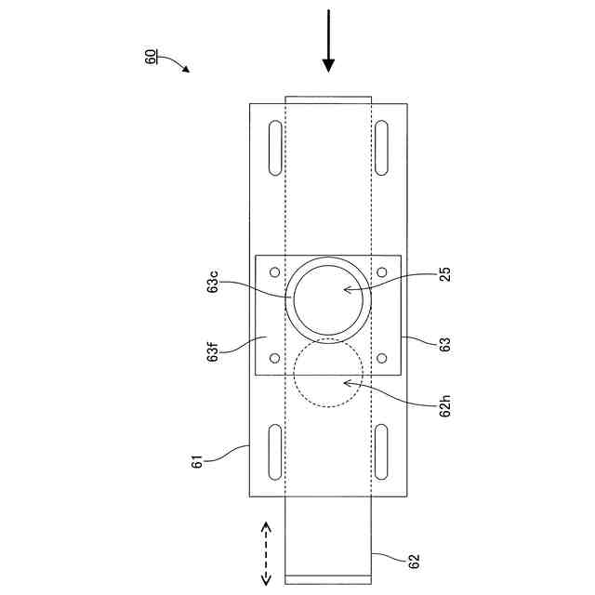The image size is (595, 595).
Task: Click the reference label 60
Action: click(x=151, y=57)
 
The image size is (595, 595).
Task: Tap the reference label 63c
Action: click(x=213, y=281)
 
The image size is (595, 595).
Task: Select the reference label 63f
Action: click(x=213, y=351)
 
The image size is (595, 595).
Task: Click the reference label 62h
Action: click(x=445, y=405)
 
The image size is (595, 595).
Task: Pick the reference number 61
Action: click(x=196, y=461)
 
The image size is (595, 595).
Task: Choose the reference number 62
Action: click(x=414, y=562)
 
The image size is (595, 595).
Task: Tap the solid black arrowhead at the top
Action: click(x=328, y=66)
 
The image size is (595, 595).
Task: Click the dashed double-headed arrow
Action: click(x=266, y=553)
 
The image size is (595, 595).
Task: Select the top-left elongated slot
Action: click(x=275, y=148)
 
